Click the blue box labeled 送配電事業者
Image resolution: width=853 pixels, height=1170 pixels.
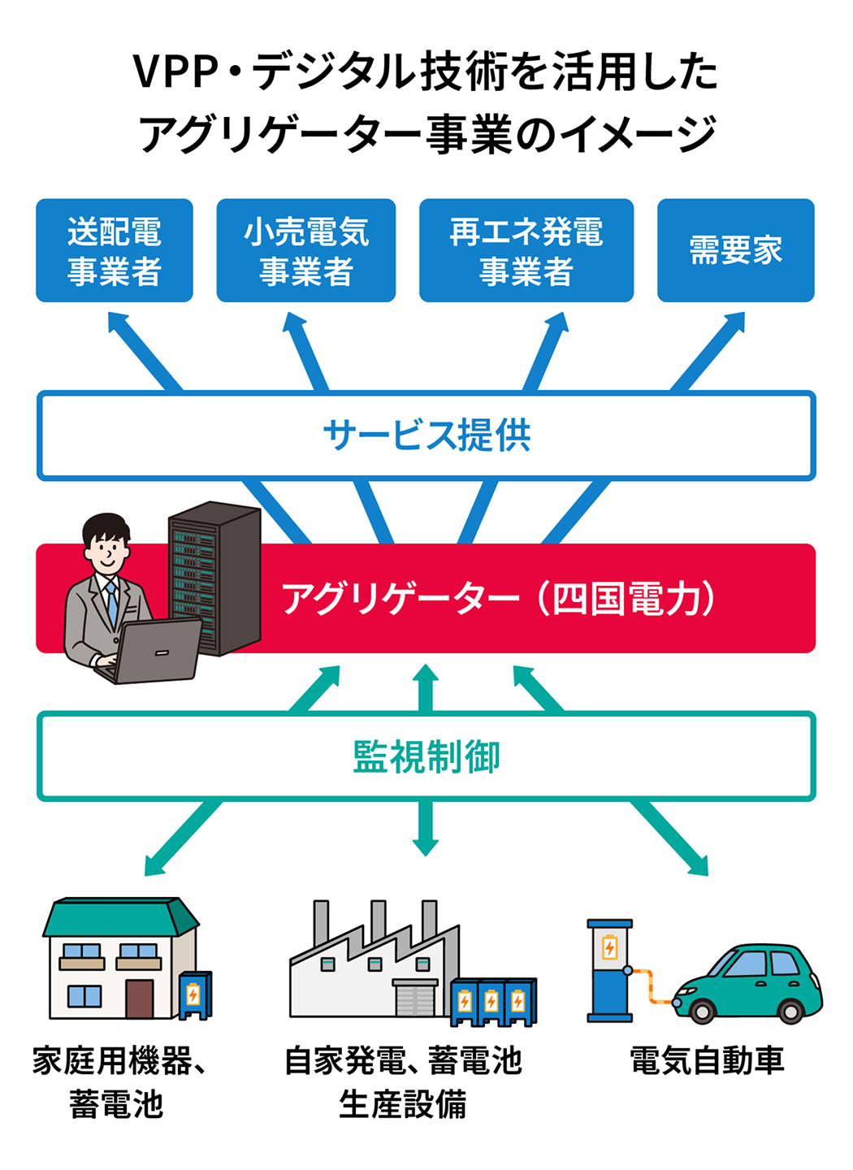tap(115, 250)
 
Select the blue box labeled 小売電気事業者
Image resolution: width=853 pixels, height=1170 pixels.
tap(305, 250)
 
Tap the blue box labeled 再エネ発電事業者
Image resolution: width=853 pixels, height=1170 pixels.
tap(526, 250)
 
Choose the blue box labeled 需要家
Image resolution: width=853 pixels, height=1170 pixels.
tap(735, 250)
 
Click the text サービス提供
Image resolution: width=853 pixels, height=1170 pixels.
tap(426, 435)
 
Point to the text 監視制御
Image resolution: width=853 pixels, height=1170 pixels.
tap(426, 756)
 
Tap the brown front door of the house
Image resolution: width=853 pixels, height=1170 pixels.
tap(139, 999)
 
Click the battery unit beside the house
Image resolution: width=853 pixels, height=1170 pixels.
tap(194, 994)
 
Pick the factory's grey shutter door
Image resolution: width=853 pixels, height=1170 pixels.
tap(415, 998)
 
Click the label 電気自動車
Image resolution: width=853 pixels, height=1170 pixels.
tap(707, 1061)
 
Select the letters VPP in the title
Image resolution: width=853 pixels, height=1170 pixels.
tap(176, 73)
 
